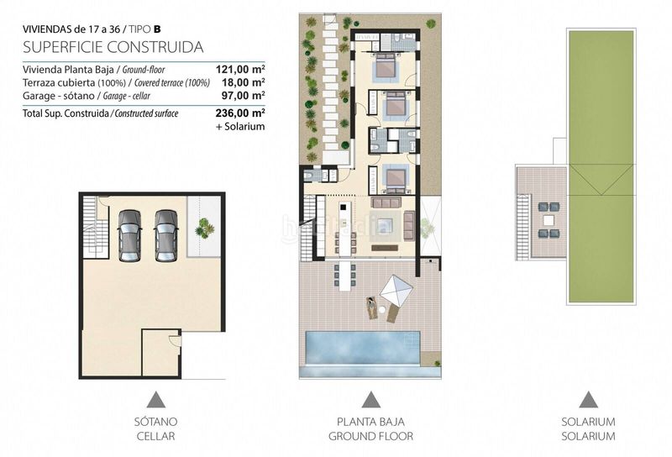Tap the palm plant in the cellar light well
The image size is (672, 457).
click(x=204, y=228)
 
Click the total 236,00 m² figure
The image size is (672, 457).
click(x=241, y=113)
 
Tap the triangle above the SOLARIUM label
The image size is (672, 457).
click(x=588, y=399)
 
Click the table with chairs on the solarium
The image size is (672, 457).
click(x=548, y=219)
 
